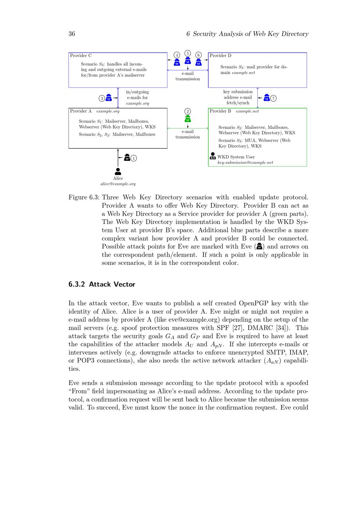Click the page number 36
[x=72, y=34]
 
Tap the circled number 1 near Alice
[x=134, y=158]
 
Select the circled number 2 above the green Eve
[x=188, y=111]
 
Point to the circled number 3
[x=102, y=98]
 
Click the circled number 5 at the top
[x=188, y=53]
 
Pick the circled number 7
[x=274, y=98]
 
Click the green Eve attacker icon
[x=188, y=119]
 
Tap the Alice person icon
[x=118, y=171]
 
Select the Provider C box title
[x=81, y=56]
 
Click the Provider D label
[x=220, y=56]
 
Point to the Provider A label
[x=81, y=111]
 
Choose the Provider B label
[x=220, y=111]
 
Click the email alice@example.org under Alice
[x=118, y=184]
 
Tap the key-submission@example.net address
[x=245, y=163]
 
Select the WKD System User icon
[x=213, y=156]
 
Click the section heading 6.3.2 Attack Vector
[x=102, y=284]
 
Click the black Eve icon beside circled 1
[x=127, y=157]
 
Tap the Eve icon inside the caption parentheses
[x=259, y=247]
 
